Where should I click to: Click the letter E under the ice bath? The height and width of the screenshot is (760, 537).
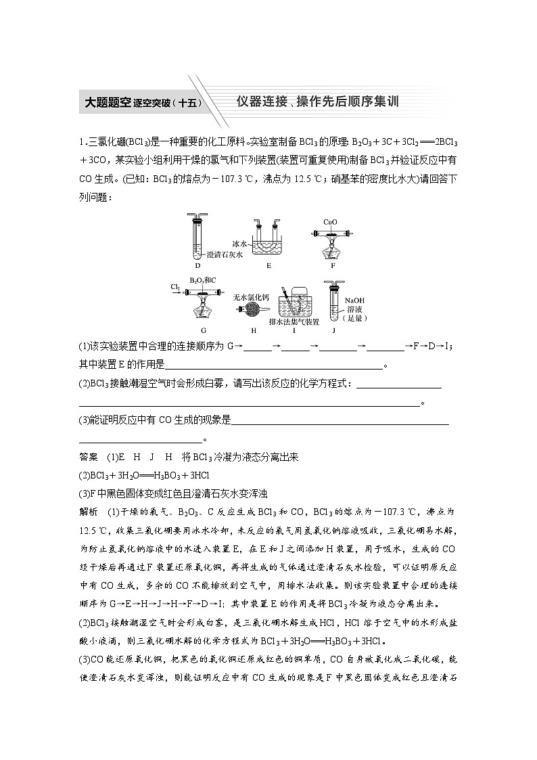(x=268, y=266)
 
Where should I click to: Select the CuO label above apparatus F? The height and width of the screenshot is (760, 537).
(x=330, y=221)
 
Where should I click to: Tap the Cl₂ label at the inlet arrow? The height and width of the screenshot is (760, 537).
(x=176, y=287)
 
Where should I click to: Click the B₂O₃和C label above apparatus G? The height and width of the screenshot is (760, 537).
(x=203, y=280)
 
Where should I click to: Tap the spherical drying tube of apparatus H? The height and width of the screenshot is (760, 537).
(x=250, y=309)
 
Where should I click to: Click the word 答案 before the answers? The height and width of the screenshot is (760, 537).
(x=89, y=457)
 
